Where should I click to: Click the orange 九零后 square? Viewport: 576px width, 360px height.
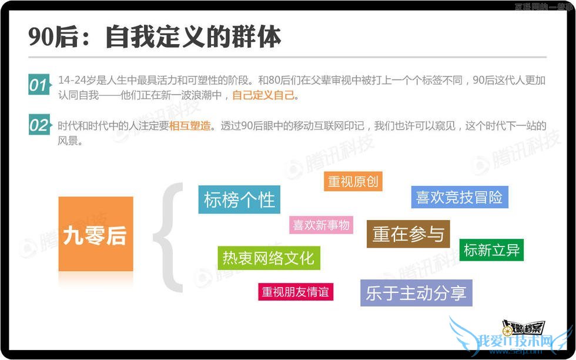[x=96, y=234]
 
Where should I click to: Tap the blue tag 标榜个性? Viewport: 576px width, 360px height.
[x=239, y=199]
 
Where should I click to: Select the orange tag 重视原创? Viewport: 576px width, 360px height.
[x=353, y=182]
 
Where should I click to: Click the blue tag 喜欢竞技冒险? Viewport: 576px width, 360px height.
[x=459, y=198]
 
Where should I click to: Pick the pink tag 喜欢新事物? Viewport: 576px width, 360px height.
[x=321, y=225]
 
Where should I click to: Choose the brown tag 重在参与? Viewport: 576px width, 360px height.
[x=408, y=234]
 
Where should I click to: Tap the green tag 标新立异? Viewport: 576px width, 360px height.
[x=491, y=250]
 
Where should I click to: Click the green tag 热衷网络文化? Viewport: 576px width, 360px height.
[x=269, y=258]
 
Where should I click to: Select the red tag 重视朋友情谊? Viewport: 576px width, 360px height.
[x=295, y=292]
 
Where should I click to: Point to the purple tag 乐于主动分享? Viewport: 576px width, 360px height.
[x=416, y=293]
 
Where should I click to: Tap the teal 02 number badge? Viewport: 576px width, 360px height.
[x=38, y=125]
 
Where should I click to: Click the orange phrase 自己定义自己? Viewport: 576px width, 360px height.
[x=263, y=95]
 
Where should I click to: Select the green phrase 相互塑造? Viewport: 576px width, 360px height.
[x=190, y=126]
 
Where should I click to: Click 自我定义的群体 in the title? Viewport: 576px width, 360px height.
[x=193, y=36]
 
